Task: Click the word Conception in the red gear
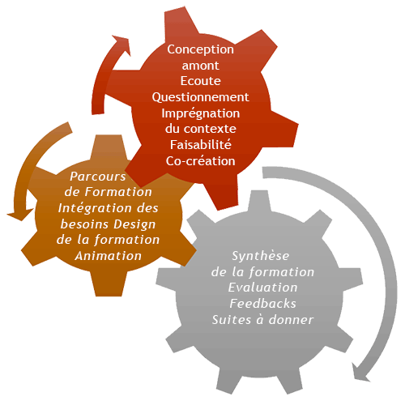point(200,50)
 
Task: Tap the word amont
point(200,66)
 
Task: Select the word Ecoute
point(200,81)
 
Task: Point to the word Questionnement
point(200,97)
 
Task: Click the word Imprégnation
point(200,113)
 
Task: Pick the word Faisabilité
point(200,145)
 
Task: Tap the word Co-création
point(200,161)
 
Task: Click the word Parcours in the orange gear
point(98,177)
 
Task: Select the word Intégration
point(96,209)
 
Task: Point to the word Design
point(134,224)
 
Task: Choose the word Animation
point(109,256)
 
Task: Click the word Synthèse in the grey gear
point(261,256)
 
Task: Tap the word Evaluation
point(262,288)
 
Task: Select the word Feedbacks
point(262,304)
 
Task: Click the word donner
point(291,320)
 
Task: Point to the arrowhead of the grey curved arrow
point(360,373)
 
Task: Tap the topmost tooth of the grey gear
point(259,200)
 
